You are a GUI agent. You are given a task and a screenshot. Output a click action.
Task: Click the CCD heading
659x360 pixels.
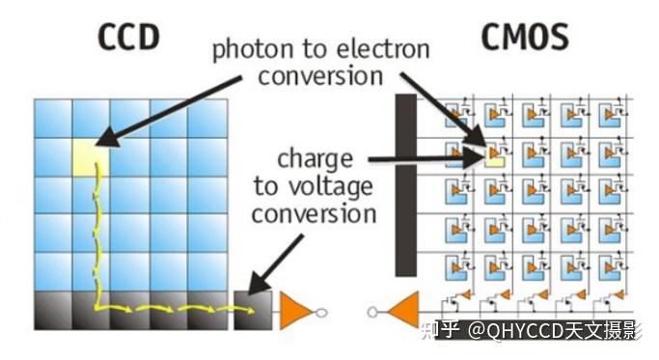coord(127,36)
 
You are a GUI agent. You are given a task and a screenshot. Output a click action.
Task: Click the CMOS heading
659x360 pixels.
coord(524,36)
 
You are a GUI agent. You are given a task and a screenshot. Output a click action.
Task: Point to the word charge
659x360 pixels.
coord(315,157)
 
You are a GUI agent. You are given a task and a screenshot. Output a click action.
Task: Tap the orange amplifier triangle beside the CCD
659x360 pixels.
coord(293,311)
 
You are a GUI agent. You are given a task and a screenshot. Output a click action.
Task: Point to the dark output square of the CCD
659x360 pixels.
coord(252,309)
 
